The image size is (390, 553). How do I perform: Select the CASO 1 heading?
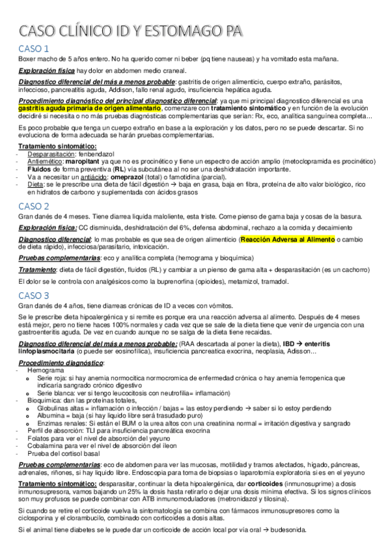(x=34, y=48)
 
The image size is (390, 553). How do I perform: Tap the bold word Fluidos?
(x=40, y=168)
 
